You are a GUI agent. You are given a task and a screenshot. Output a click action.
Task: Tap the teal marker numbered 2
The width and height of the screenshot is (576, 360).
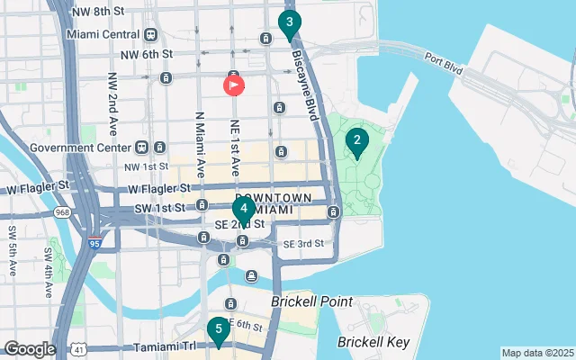[x=357, y=141]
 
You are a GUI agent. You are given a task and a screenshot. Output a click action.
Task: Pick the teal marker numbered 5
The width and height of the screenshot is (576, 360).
[x=218, y=330]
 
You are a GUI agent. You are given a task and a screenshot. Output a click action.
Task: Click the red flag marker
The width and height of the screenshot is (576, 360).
[x=233, y=85]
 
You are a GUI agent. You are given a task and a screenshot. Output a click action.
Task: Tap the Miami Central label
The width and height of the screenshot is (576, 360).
[x=103, y=35]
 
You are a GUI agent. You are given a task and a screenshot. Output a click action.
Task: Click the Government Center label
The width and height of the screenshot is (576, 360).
[x=80, y=148]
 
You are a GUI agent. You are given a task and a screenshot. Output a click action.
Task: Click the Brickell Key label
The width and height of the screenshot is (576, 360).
[x=373, y=342]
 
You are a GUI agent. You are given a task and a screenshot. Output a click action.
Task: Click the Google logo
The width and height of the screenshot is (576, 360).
[x=29, y=348]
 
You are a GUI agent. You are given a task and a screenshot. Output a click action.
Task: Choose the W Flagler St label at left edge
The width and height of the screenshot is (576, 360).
[x=38, y=188]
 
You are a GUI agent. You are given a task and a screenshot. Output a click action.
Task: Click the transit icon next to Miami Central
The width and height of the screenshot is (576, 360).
[x=150, y=35]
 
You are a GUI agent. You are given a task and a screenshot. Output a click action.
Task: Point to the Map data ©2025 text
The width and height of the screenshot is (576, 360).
[x=536, y=353]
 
